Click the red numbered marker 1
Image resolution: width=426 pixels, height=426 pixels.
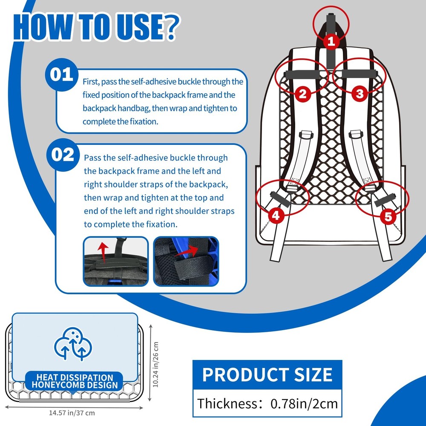pyautogui.click(x=332, y=41)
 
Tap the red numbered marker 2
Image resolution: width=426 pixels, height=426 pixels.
pyautogui.click(x=302, y=93)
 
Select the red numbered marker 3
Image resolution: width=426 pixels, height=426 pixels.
pyautogui.click(x=359, y=93)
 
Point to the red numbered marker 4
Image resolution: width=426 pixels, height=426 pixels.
pyautogui.click(x=276, y=216)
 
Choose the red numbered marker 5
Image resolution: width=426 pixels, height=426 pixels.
pyautogui.click(x=388, y=216)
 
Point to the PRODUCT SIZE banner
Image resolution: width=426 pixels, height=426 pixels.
pyautogui.click(x=267, y=374)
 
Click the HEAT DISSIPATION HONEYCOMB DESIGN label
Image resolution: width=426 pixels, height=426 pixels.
pyautogui.click(x=75, y=381)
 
